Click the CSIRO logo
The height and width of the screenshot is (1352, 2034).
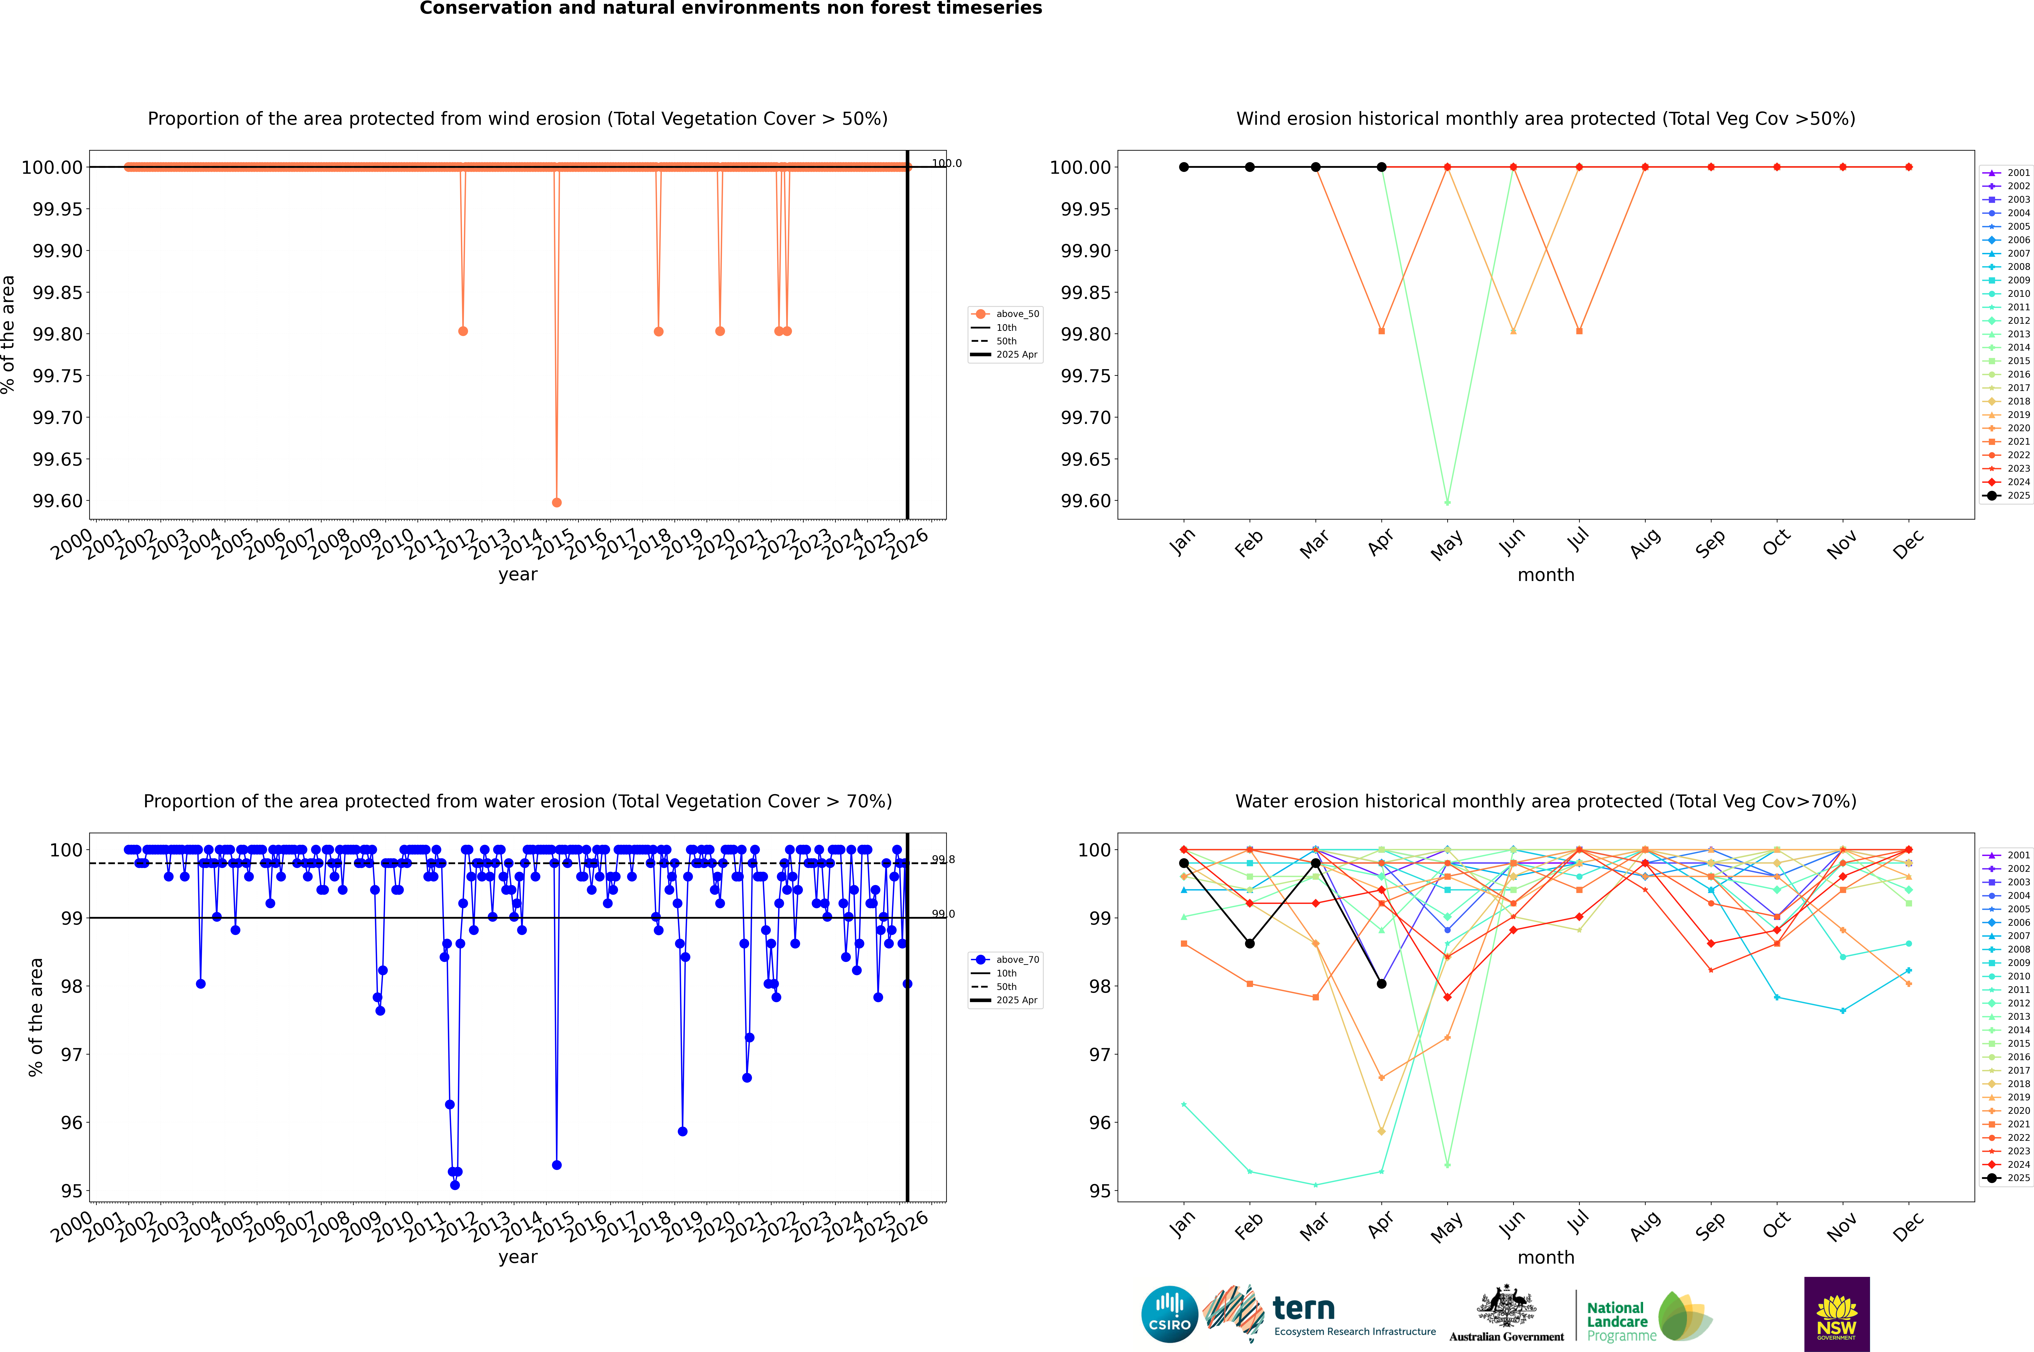[x=1169, y=1314]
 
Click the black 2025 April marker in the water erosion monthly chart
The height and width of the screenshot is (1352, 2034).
[x=1381, y=984]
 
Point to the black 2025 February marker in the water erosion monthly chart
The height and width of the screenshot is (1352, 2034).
[x=1249, y=943]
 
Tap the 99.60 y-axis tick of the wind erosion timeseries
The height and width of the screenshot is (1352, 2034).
[x=59, y=501]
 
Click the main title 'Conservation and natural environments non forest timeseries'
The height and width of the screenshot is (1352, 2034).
[x=730, y=9]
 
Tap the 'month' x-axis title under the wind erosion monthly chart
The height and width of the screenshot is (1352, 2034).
[x=1545, y=575]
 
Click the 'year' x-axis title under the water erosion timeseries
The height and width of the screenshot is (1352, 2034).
[x=517, y=1257]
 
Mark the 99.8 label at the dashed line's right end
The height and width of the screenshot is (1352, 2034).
[x=942, y=860]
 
